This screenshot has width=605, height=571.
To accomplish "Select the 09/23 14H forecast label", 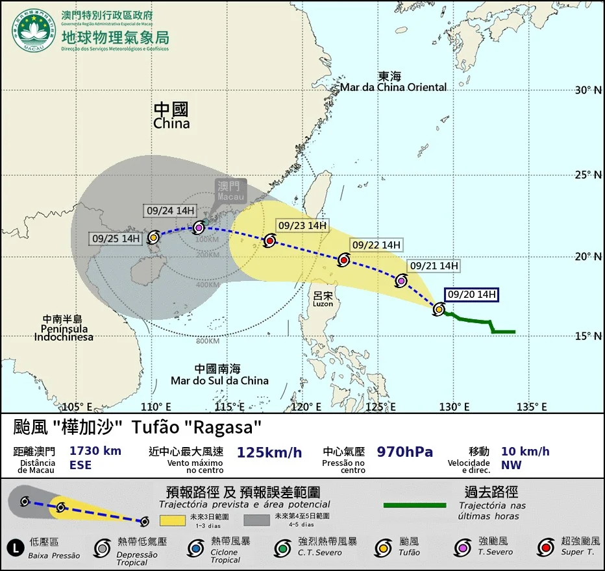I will [x=302, y=226].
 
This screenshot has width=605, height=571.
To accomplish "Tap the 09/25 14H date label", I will [x=116, y=238].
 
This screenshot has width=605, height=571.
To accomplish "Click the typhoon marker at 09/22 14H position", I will [x=344, y=260].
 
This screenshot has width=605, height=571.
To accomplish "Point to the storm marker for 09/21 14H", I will [x=401, y=281].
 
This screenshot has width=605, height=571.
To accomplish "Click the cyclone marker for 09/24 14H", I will [x=199, y=227].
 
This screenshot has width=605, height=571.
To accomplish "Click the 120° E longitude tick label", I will [x=306, y=407].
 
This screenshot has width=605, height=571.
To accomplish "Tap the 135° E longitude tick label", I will [x=531, y=407].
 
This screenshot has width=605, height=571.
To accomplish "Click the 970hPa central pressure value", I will [x=404, y=452].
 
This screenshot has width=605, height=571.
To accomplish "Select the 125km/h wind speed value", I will [x=269, y=452].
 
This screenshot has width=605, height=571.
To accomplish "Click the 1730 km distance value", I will [x=95, y=451].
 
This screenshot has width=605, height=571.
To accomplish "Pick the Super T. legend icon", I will [x=546, y=548].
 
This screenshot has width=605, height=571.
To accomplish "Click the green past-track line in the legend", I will [x=414, y=505].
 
